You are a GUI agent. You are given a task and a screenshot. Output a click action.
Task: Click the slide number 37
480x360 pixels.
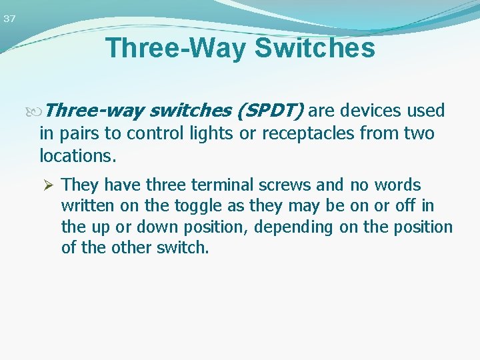tap(9, 19)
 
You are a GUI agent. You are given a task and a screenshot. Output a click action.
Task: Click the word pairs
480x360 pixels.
tap(80, 134)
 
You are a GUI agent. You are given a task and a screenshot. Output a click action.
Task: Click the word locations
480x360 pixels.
tap(77, 157)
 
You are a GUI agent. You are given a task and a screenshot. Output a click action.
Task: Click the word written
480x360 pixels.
tap(87, 205)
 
